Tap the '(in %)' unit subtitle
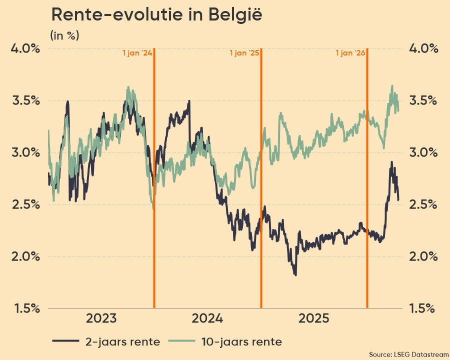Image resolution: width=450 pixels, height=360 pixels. pyautogui.click(x=64, y=35)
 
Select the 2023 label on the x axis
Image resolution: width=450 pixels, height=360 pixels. pyautogui.click(x=101, y=319)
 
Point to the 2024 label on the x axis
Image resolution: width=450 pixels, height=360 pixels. pyautogui.click(x=207, y=319)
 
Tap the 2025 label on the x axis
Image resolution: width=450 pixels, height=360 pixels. pyautogui.click(x=313, y=319)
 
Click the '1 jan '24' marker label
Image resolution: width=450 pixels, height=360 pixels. pyautogui.click(x=137, y=52)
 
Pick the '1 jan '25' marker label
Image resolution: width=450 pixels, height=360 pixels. pyautogui.click(x=244, y=52)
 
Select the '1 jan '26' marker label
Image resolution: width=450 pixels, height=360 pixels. pyautogui.click(x=350, y=52)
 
